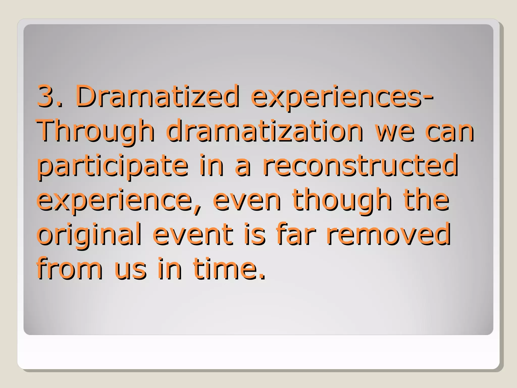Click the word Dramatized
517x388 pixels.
(157, 96)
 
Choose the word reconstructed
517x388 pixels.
(360, 165)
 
